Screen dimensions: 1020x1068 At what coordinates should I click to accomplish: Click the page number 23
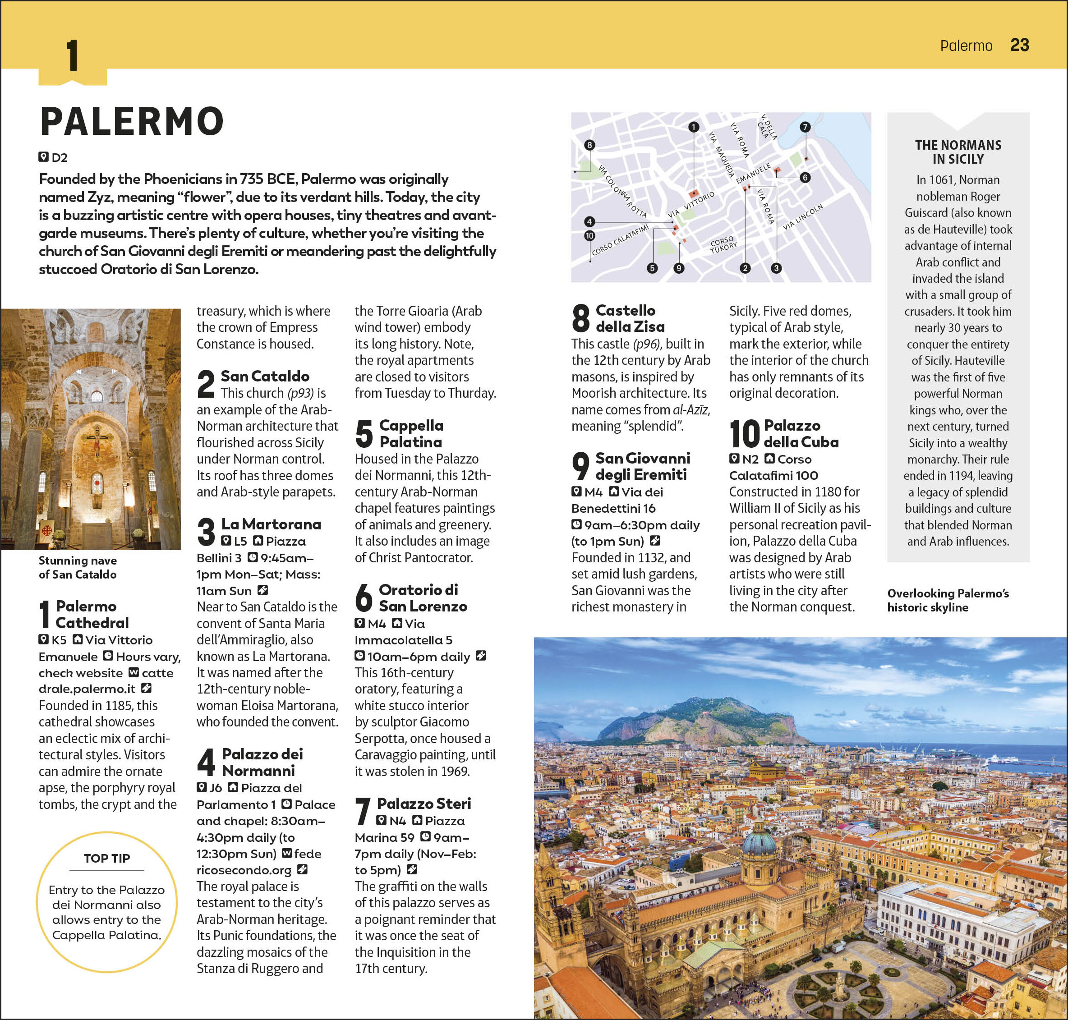pos(1019,45)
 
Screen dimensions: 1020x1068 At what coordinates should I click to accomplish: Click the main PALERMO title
pos(132,121)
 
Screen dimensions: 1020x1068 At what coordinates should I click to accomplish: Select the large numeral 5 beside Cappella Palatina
pos(364,433)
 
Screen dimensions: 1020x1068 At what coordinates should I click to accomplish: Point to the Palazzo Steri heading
pos(424,803)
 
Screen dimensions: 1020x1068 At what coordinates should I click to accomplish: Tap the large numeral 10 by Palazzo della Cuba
pos(744,433)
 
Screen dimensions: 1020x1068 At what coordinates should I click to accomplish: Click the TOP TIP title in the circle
pos(106,858)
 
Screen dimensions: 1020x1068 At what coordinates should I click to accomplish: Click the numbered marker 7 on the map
pos(805,127)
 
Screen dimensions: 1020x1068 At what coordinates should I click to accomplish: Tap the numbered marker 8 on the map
pos(589,145)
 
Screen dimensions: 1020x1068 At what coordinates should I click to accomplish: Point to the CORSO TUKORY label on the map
pos(723,244)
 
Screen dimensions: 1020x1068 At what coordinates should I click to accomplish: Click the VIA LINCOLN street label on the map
pos(803,217)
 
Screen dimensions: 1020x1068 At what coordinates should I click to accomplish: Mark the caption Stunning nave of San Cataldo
pos(77,567)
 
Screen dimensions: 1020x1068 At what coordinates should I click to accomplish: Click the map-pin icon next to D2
pos(43,157)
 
